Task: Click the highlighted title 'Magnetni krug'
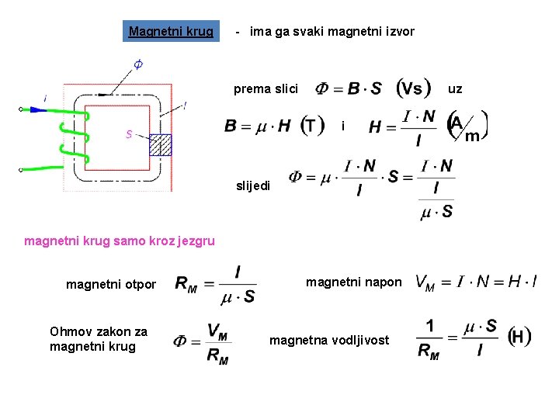pyautogui.click(x=171, y=31)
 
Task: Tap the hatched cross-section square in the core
pyautogui.click(x=160, y=144)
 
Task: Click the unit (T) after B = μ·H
pyautogui.click(x=313, y=125)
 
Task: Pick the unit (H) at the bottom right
pyautogui.click(x=519, y=337)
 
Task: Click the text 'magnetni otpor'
pyautogui.click(x=111, y=285)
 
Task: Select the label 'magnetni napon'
pyautogui.click(x=354, y=282)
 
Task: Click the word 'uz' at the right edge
pyautogui.click(x=455, y=88)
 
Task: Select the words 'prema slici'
pyautogui.click(x=266, y=88)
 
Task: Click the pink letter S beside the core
pyautogui.click(x=129, y=134)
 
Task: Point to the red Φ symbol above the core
pyautogui.click(x=137, y=64)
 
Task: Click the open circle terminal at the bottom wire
pyautogui.click(x=21, y=169)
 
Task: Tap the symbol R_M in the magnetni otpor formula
pyautogui.click(x=186, y=285)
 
